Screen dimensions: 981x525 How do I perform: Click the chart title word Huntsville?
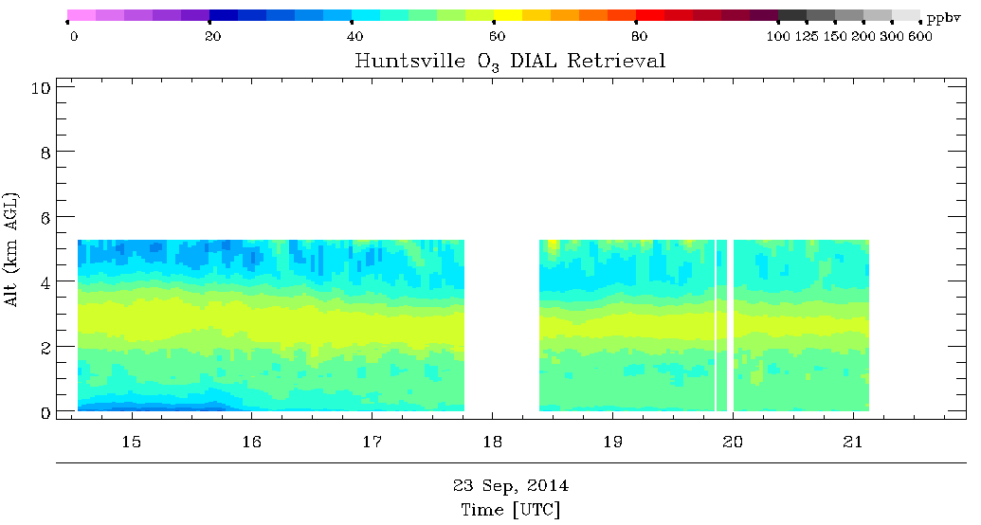[x=409, y=61]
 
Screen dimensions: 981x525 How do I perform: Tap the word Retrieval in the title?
[x=616, y=61]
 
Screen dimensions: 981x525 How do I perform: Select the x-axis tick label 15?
[x=132, y=442]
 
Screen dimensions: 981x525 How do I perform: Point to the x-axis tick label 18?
[x=492, y=442]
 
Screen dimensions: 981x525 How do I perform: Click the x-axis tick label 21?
[x=853, y=442]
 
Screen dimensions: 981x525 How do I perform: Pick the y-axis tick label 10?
[x=41, y=87]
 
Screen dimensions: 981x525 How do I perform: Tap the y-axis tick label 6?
[x=45, y=217]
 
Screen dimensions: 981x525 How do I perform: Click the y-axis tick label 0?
[x=45, y=412]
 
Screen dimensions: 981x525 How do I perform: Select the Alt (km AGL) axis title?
[x=11, y=249]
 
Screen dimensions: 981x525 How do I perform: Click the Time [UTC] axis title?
[x=511, y=510]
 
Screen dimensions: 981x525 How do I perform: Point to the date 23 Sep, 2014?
[x=511, y=485]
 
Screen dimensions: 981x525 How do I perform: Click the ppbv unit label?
[x=943, y=18]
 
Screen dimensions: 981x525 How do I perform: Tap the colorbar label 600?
[x=920, y=36]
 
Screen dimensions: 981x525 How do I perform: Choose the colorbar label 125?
[x=807, y=36]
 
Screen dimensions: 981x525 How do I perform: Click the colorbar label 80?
[x=639, y=36]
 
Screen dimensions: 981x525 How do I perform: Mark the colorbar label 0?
[x=74, y=36]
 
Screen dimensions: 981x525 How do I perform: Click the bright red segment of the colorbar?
[x=650, y=15]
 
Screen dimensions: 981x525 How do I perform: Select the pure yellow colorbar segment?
[x=508, y=15]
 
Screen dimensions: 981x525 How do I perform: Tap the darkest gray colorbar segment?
[x=792, y=15]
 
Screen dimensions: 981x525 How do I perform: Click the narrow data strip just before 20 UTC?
[x=721, y=325]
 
